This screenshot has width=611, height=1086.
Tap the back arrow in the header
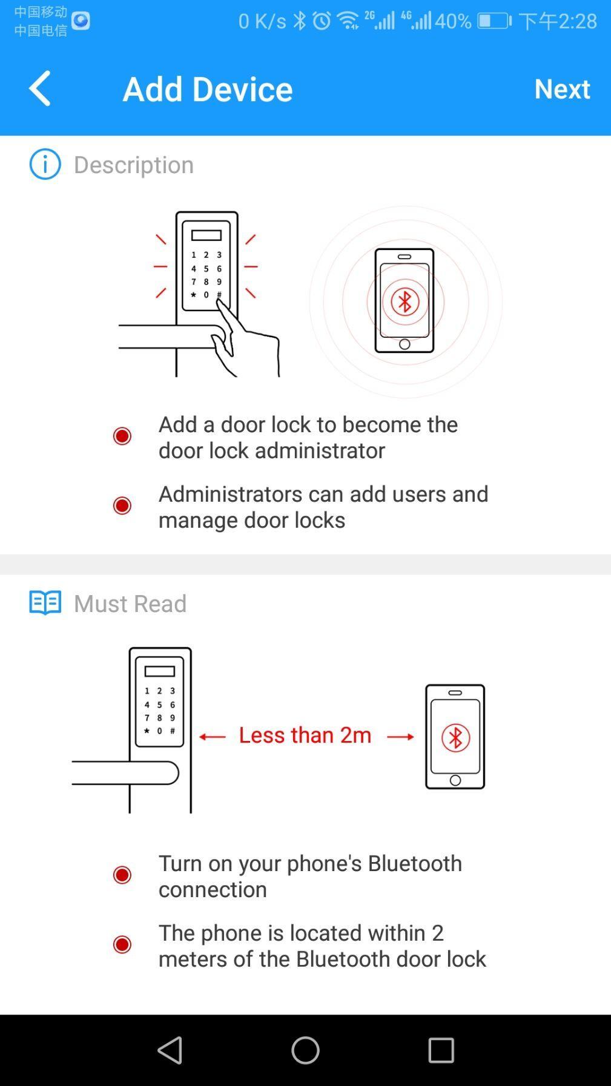(x=40, y=88)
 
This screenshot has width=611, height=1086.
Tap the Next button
(x=561, y=88)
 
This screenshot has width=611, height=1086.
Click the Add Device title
(x=207, y=89)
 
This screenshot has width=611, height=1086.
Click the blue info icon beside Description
(x=45, y=164)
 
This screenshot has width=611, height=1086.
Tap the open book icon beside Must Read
(x=45, y=603)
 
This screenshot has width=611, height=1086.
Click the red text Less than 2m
(x=305, y=735)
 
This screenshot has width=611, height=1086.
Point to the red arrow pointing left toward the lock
(x=212, y=737)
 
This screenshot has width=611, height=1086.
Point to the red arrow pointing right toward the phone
(x=400, y=737)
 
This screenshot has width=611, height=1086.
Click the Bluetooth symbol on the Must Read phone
(x=455, y=738)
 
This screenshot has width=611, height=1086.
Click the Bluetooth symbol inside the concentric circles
(x=405, y=301)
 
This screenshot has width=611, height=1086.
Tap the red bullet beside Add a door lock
(x=122, y=436)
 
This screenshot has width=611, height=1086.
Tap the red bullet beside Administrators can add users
(x=122, y=505)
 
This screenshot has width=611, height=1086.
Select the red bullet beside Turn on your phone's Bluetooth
(x=122, y=875)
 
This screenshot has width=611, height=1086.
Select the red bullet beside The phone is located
(x=122, y=944)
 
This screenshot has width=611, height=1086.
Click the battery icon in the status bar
(x=494, y=21)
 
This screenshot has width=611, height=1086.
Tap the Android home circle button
(x=305, y=1050)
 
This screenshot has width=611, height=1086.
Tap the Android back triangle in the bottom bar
(x=170, y=1050)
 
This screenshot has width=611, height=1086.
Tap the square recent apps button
(x=441, y=1050)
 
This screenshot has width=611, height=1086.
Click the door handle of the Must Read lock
(x=125, y=773)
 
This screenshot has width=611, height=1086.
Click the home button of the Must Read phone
(x=455, y=780)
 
